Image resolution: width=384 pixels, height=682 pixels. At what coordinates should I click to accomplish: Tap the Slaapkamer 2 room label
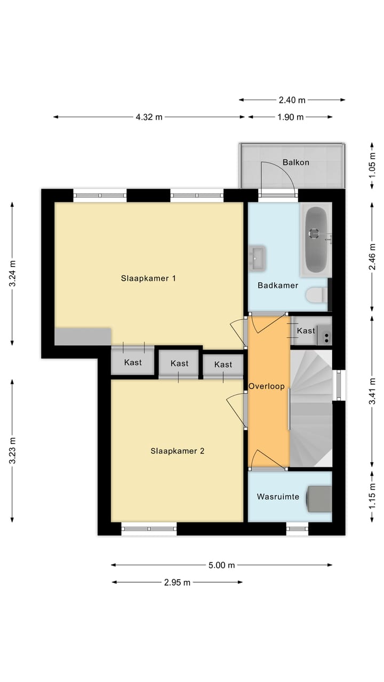click(x=178, y=451)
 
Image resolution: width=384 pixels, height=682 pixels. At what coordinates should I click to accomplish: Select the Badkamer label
click(x=278, y=285)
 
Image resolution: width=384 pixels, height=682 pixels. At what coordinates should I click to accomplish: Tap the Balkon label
click(x=295, y=163)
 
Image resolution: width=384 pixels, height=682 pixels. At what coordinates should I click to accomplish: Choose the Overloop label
click(x=267, y=386)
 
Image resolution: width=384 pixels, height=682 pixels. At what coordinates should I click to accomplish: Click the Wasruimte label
click(x=278, y=497)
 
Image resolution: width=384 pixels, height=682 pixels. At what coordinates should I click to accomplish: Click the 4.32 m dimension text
click(x=149, y=117)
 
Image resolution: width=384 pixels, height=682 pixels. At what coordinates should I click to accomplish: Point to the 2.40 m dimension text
click(x=292, y=100)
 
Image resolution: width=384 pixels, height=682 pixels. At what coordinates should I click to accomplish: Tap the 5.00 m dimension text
click(x=221, y=565)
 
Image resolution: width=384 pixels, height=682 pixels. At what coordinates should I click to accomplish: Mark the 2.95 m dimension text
click(x=177, y=582)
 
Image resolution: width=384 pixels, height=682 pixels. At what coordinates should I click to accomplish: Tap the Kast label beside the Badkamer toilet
click(x=306, y=331)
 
